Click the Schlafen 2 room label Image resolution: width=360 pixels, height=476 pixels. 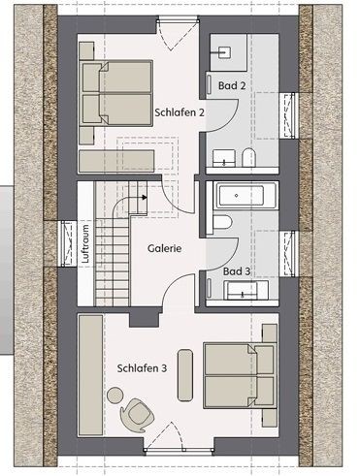pyautogui.click(x=180, y=112)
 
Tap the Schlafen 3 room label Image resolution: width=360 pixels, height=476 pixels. pyautogui.click(x=142, y=368)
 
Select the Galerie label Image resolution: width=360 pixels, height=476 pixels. pyautogui.click(x=164, y=248)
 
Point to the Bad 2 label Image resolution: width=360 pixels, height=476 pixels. pyautogui.click(x=232, y=85)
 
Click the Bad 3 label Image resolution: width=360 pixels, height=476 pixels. pyautogui.click(x=237, y=271)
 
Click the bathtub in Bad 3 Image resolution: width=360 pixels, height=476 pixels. pyautogui.click(x=247, y=195)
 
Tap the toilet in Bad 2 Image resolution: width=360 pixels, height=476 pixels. pyautogui.click(x=249, y=157)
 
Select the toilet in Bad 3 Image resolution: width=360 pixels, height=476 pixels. pyautogui.click(x=219, y=223)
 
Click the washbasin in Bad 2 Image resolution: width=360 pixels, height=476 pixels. pyautogui.click(x=224, y=158)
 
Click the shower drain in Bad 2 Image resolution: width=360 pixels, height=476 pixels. pyautogui.click(x=224, y=52)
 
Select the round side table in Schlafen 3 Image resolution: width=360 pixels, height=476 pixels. pyautogui.click(x=115, y=395)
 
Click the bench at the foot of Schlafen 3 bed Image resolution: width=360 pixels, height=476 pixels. pyautogui.click(x=185, y=375)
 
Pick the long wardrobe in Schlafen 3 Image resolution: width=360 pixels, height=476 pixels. pyautogui.click(x=91, y=375)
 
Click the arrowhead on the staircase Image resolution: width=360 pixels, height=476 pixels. pyautogui.click(x=145, y=197)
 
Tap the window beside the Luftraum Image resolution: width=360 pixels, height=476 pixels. pyautogui.click(x=68, y=243)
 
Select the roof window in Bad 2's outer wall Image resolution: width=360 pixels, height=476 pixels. pyautogui.click(x=288, y=116)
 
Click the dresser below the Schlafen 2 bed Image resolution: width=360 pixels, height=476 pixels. pyautogui.click(x=116, y=161)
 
